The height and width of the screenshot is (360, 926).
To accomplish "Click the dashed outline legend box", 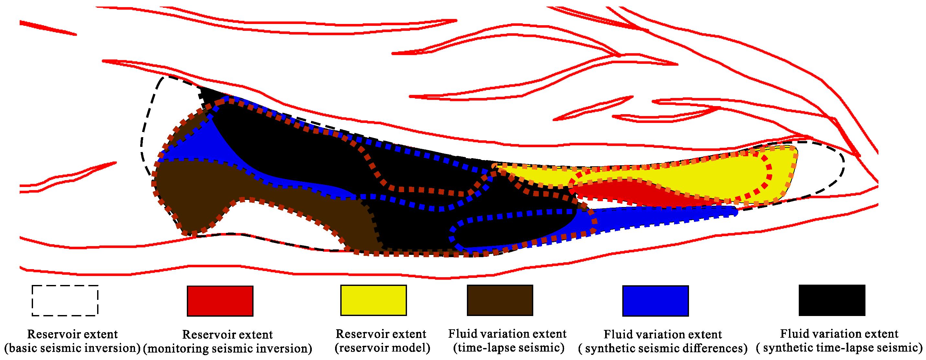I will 65,301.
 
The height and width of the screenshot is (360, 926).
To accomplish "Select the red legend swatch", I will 220,301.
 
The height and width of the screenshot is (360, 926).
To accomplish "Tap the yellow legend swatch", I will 374,300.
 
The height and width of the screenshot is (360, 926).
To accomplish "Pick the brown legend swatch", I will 500,300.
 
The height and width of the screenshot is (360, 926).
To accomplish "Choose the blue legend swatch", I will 655,301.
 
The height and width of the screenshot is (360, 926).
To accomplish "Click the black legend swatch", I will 832,300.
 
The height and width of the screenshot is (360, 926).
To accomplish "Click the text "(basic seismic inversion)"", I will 72,348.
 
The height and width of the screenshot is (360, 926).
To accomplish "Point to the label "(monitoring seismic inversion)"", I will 228,348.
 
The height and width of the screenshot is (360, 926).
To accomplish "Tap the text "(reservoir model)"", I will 382,348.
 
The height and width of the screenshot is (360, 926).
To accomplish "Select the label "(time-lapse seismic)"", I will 508,348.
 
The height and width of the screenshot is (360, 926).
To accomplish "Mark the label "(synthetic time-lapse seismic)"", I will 839,348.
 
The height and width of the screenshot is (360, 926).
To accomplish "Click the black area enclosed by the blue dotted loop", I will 511,230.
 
